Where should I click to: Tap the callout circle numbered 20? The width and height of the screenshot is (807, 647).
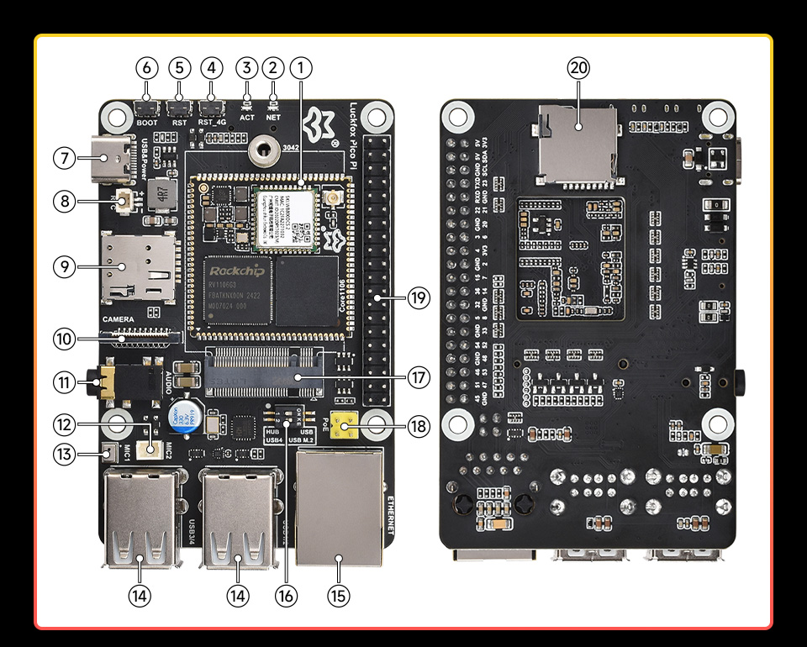pyautogui.click(x=578, y=69)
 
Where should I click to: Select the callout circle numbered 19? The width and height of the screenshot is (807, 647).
pyautogui.click(x=418, y=297)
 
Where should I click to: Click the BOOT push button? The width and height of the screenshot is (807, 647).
pyautogui.click(x=147, y=108)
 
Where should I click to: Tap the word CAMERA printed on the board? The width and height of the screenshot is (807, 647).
pyautogui.click(x=118, y=320)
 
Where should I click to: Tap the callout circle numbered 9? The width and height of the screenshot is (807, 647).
pyautogui.click(x=64, y=266)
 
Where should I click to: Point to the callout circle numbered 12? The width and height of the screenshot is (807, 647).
pyautogui.click(x=64, y=425)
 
